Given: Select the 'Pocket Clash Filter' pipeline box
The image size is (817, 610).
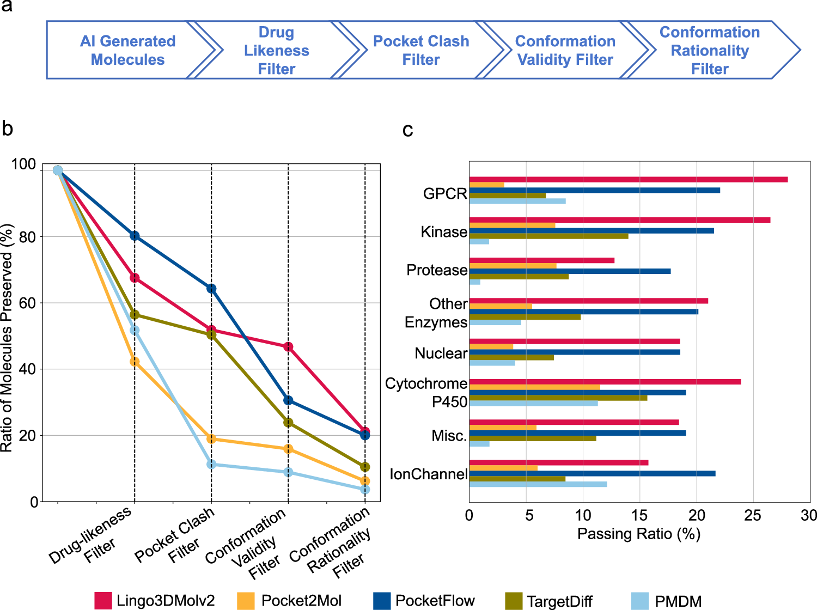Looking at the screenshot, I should (420, 50).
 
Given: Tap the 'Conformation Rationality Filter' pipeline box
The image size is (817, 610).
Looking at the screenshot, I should (709, 50).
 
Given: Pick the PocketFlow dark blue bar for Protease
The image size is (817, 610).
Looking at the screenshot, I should (570, 271).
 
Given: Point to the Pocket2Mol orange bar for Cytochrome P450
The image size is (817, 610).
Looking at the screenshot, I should (534, 387).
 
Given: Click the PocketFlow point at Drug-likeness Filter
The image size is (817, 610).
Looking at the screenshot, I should (135, 236).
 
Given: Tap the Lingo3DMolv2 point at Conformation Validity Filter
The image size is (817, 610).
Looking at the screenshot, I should (288, 347).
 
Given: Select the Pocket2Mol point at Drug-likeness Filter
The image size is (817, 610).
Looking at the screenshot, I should (135, 362).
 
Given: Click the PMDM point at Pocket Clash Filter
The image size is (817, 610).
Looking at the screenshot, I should (211, 464).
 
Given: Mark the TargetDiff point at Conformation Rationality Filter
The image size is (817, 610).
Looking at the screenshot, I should (365, 467).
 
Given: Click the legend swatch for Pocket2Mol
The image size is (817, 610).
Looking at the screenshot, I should (246, 601).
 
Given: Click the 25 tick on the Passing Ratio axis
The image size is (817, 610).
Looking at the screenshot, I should (753, 515).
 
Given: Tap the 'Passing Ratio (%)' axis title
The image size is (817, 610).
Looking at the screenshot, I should (638, 534).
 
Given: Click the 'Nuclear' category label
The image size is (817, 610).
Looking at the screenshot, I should (441, 353).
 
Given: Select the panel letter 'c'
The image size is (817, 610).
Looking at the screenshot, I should (407, 130).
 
